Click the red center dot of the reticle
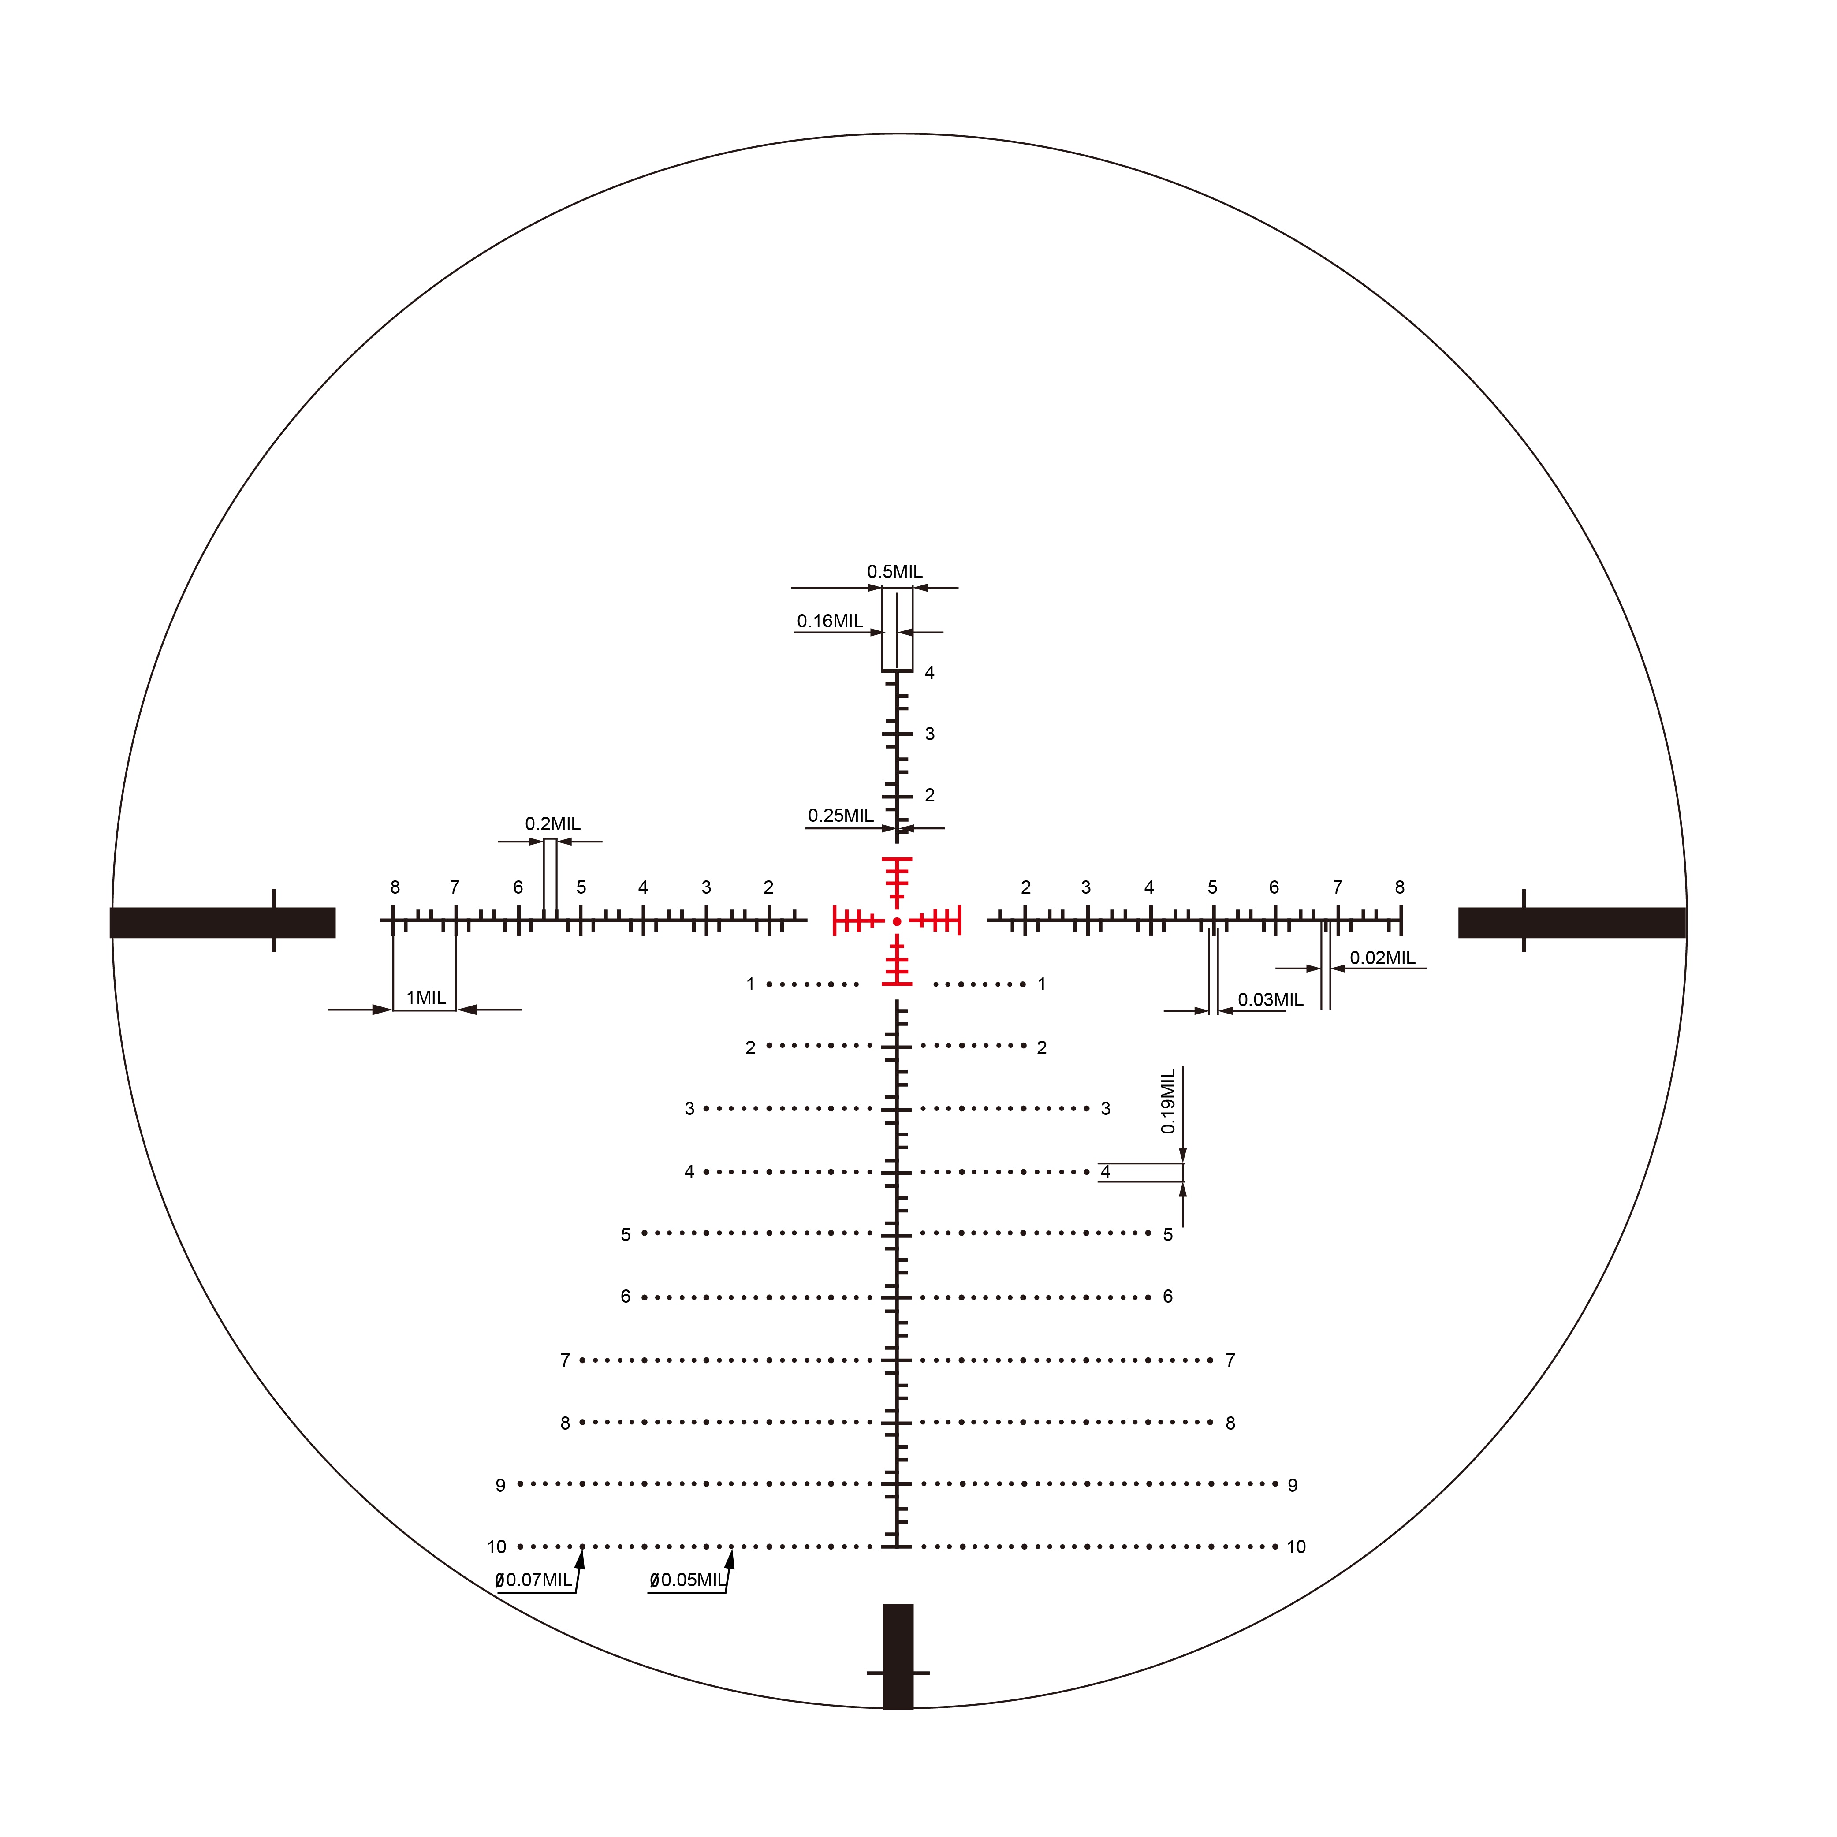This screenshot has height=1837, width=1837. (x=897, y=921)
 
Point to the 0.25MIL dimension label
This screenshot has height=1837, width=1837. (x=841, y=815)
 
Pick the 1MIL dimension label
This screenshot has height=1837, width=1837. (x=426, y=998)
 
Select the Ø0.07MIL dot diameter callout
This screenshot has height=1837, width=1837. (x=533, y=1580)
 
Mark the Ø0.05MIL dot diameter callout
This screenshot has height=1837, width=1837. (x=687, y=1580)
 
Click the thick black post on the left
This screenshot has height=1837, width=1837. (x=223, y=922)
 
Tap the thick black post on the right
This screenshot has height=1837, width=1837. (x=1571, y=922)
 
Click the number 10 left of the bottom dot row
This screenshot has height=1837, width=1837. (x=496, y=1547)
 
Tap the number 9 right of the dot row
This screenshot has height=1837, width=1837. (x=1292, y=1485)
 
